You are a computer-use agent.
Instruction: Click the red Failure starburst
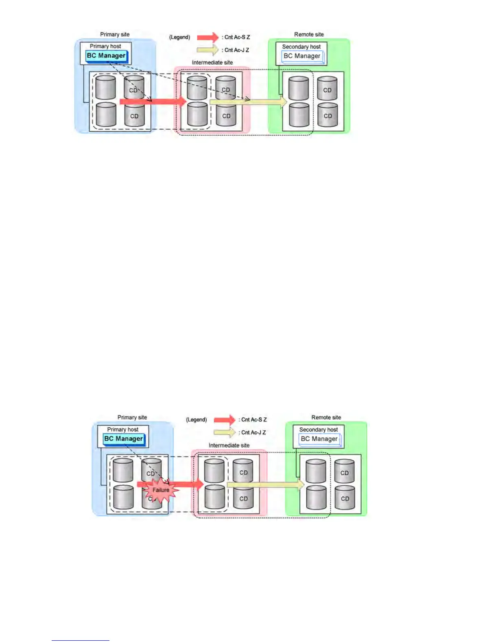click(x=161, y=490)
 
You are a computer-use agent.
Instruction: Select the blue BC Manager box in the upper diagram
click(x=106, y=56)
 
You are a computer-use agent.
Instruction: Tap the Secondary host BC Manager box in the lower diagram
click(x=319, y=439)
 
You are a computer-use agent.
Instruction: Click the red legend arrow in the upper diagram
click(x=208, y=37)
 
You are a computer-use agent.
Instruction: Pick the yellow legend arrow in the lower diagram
click(x=225, y=433)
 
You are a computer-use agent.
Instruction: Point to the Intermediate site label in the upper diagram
click(x=212, y=63)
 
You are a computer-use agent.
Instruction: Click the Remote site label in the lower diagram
click(x=326, y=418)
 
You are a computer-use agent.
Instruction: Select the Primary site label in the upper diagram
click(x=115, y=35)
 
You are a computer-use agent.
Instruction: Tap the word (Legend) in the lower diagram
click(x=197, y=420)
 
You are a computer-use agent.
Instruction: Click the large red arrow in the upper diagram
click(x=153, y=102)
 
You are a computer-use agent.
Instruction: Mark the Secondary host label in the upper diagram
click(x=301, y=47)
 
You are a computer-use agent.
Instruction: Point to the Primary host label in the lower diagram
click(x=123, y=429)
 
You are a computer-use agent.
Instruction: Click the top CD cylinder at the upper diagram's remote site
click(x=327, y=89)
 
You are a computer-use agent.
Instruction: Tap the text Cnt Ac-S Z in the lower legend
click(x=254, y=420)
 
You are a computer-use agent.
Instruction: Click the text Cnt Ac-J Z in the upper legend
click(x=237, y=50)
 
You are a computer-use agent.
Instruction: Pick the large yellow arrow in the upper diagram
click(x=248, y=102)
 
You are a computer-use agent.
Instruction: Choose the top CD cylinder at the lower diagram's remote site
click(x=344, y=472)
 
